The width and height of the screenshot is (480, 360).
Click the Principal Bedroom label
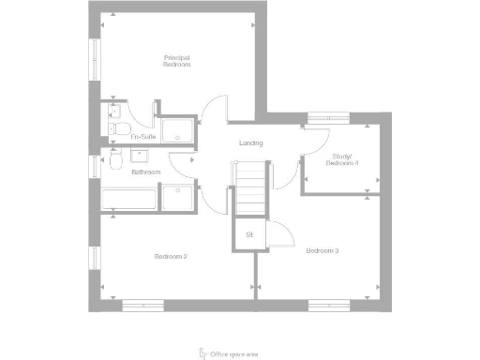click(176, 62)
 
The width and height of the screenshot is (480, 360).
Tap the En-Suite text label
click(142, 137)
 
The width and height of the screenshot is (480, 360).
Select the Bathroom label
click(145, 172)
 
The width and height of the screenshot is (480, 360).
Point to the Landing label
click(250, 143)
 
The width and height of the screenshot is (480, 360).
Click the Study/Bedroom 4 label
click(342, 160)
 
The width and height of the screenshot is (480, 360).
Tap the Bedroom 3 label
click(322, 250)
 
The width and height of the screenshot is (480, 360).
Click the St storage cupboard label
click(249, 233)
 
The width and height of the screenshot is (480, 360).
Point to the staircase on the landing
click(250, 187)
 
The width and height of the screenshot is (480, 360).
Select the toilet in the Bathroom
click(112, 162)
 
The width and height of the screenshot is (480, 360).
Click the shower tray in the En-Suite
click(178, 132)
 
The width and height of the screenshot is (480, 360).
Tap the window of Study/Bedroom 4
click(328, 117)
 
